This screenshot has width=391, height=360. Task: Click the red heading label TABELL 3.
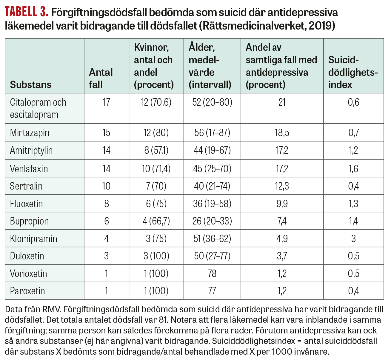point(26,12)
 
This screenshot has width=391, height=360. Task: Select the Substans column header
point(30,84)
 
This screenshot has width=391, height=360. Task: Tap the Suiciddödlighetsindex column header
point(353,72)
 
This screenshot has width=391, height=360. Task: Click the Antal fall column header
point(101,78)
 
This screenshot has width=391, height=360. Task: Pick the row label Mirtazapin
point(30,133)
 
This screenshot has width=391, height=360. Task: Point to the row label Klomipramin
point(33,239)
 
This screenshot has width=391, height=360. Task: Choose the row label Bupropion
point(29,221)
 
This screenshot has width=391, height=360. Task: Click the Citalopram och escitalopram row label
point(38,108)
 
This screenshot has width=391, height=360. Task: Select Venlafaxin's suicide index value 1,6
point(353,169)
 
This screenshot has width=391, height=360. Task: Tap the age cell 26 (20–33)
point(212,221)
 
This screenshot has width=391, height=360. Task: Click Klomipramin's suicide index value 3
point(353,239)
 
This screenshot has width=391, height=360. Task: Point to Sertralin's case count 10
point(106,186)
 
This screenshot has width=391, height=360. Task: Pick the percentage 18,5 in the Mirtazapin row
point(282,133)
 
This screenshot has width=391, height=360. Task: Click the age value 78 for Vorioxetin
point(212,273)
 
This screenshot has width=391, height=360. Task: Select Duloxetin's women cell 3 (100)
point(156,256)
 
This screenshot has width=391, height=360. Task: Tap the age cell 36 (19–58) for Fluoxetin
point(212,204)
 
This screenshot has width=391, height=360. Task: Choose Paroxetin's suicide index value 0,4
point(353,291)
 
